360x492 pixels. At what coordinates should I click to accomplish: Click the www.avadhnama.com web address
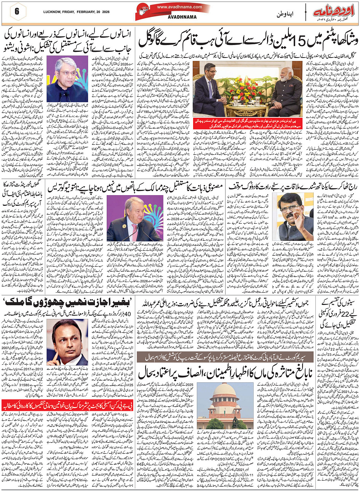[x=179, y=7]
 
